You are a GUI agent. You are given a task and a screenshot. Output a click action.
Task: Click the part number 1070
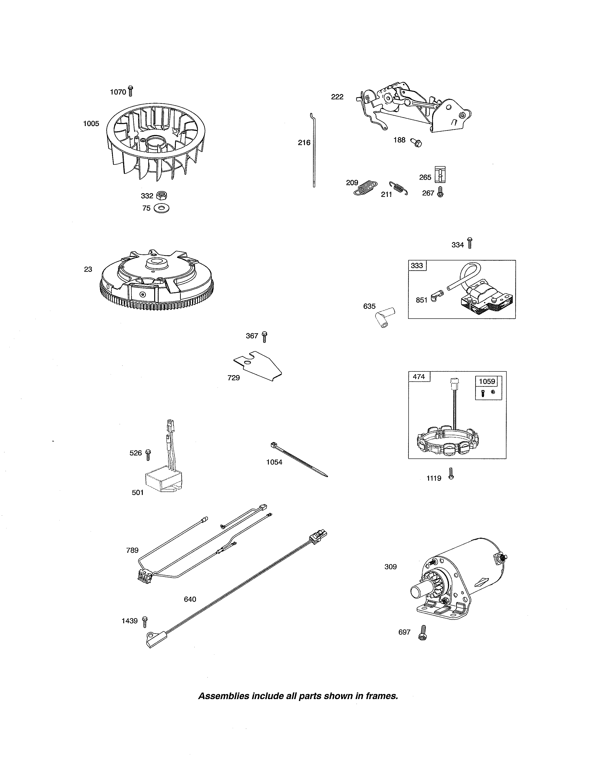click(118, 92)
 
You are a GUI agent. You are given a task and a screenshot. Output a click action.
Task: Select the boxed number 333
click(417, 266)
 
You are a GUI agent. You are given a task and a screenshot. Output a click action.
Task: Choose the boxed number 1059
click(487, 381)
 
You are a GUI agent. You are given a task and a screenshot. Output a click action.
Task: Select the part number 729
click(234, 378)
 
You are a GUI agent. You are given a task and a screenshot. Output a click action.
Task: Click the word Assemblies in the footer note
click(223, 696)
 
